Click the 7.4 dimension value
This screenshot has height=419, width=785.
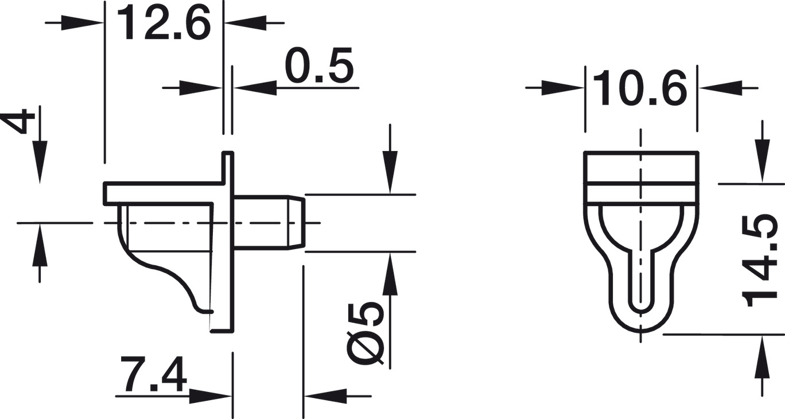point(154,375)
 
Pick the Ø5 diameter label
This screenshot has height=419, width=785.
point(366,333)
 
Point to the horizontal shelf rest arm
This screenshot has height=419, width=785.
point(161,193)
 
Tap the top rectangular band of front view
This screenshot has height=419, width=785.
point(641,168)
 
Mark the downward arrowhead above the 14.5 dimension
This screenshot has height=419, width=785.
point(762,166)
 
